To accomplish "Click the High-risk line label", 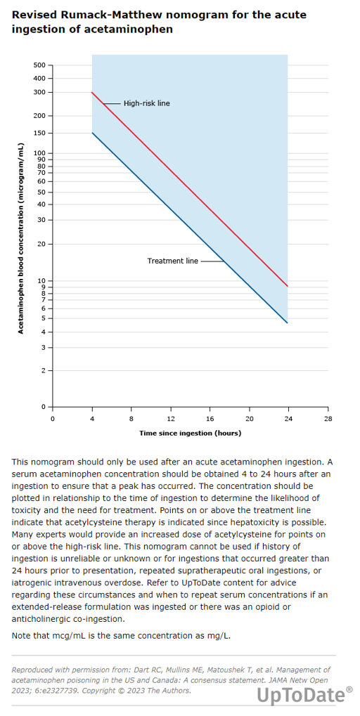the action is [147, 104].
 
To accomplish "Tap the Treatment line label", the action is [173, 261].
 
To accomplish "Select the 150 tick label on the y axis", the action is [40, 133].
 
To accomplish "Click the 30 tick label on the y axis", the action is [41, 220].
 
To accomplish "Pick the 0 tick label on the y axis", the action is [44, 406].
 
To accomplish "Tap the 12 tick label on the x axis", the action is [171, 419].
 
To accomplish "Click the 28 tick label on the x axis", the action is [328, 419].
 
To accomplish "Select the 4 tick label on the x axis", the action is [92, 419].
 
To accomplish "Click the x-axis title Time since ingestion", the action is [190, 432].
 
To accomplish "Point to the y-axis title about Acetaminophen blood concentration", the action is [20, 238].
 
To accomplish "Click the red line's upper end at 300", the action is [92, 92].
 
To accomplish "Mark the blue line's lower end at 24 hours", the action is [288, 323].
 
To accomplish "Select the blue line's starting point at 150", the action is [92, 133].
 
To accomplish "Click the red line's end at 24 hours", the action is [288, 286].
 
